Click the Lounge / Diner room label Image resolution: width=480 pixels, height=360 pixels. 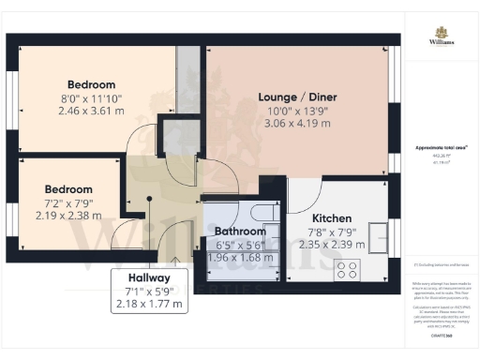click(297, 97)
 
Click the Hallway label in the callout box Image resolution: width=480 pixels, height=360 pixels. click(150, 278)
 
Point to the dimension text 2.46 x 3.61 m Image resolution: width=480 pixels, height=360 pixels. click(91, 110)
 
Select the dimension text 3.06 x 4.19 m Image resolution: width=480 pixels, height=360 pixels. click(297, 124)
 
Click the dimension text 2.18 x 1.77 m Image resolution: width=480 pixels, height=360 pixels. click(150, 305)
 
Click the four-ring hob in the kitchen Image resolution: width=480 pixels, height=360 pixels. click(347, 271)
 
